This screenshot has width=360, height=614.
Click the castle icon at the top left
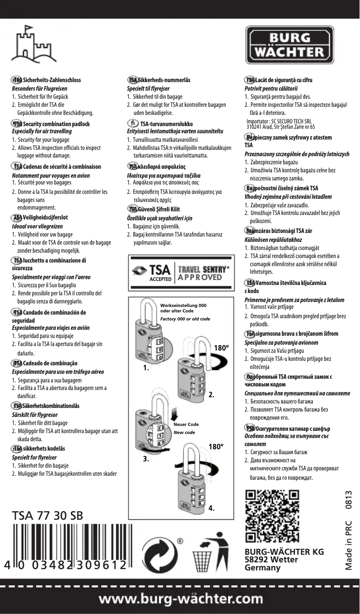pyautogui.click(x=34, y=46)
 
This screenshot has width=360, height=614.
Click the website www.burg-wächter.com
pyautogui.click(x=180, y=599)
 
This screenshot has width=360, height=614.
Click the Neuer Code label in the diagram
pyautogui.click(x=186, y=424)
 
